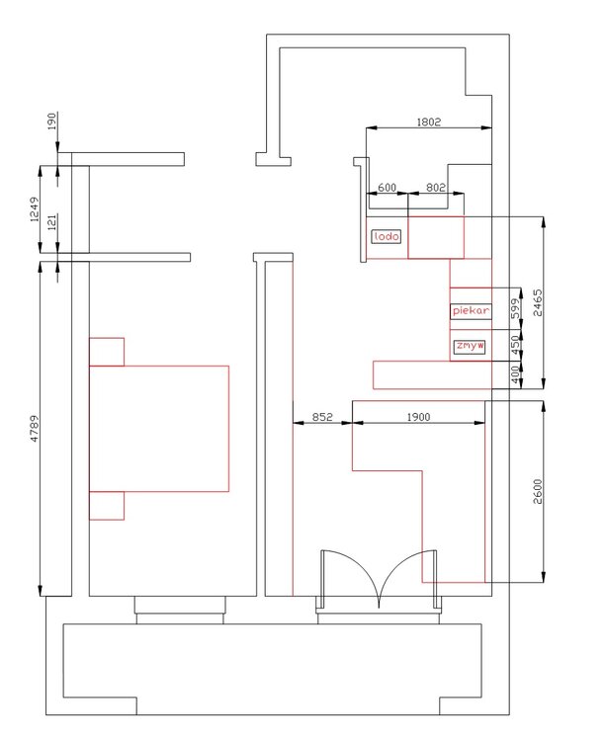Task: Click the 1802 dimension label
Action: tap(429, 122)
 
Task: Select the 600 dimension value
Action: tap(387, 188)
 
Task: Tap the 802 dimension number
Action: tap(436, 188)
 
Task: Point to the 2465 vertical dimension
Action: tap(538, 302)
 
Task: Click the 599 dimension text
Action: tap(515, 308)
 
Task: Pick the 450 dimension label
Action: tap(515, 342)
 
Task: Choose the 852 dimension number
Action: tap(322, 417)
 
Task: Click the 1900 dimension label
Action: tap(418, 417)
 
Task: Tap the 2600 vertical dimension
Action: tap(538, 491)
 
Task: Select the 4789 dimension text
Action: tap(34, 429)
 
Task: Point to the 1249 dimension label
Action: tap(34, 209)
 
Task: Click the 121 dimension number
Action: tap(52, 221)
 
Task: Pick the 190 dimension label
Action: tap(52, 121)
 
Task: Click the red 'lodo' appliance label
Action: tap(387, 236)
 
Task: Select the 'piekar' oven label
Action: tap(471, 311)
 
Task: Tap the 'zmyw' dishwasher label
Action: tap(471, 346)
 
